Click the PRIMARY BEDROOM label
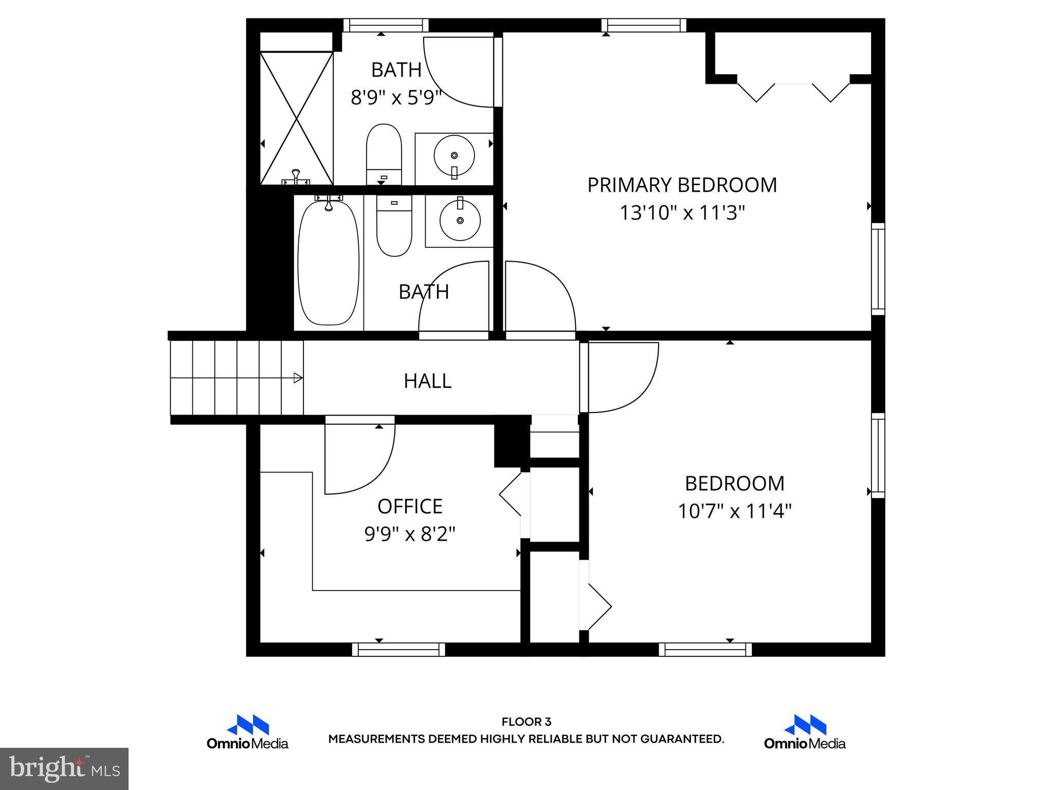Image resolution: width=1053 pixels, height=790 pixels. click(682, 185)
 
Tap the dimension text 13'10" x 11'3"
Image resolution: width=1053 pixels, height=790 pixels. click(682, 212)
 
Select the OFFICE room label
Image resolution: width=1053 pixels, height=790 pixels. click(410, 507)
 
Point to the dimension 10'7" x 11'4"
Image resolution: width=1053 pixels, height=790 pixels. click(734, 511)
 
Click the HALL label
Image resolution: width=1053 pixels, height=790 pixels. click(427, 381)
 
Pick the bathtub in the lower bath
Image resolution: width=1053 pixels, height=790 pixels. click(329, 262)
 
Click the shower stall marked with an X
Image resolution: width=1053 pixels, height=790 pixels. click(297, 118)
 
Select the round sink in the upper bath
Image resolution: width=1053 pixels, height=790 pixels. click(454, 155)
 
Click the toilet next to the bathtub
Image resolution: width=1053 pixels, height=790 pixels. click(394, 226)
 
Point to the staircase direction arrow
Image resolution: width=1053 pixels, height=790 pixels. click(297, 378)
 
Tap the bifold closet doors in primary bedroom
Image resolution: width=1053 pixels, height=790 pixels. click(793, 92)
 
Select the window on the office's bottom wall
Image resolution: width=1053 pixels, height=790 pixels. click(398, 649)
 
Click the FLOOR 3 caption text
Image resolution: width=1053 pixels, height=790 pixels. click(526, 722)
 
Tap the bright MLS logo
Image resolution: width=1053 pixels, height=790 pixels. click(64, 768)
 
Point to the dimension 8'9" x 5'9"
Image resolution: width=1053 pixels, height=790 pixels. click(396, 97)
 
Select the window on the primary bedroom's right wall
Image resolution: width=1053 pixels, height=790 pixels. click(878, 269)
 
